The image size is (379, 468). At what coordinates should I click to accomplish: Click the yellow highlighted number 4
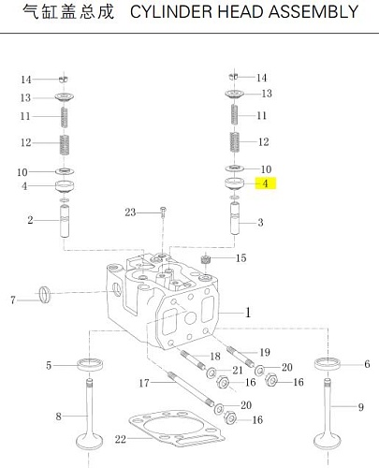coord(266,183)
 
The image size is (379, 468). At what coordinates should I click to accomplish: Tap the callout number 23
coord(130,212)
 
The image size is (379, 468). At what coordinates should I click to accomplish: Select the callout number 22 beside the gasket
coord(121,439)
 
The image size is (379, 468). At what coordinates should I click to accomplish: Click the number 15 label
coord(241,258)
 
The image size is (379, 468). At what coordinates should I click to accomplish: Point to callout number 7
coord(13,300)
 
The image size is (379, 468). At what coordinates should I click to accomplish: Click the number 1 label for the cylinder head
coord(248,313)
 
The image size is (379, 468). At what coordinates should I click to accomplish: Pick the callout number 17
coord(144,383)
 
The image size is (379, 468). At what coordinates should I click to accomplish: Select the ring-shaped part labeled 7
coord(45,294)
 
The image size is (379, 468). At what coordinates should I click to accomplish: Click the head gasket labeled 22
coord(177,428)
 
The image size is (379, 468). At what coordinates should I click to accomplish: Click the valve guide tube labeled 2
coord(65,221)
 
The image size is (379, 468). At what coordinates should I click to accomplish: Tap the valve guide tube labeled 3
coord(235,218)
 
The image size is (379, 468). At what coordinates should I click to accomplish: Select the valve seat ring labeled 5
coord(90,365)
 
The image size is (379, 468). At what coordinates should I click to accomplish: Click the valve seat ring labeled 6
coord(328,364)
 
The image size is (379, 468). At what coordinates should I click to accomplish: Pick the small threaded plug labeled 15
coord(205,259)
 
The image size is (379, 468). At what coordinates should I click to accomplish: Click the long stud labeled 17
coord(191,388)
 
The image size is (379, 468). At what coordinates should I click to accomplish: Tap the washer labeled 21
coord(211,373)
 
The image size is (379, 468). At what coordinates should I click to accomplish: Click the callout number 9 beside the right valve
coord(360,407)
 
